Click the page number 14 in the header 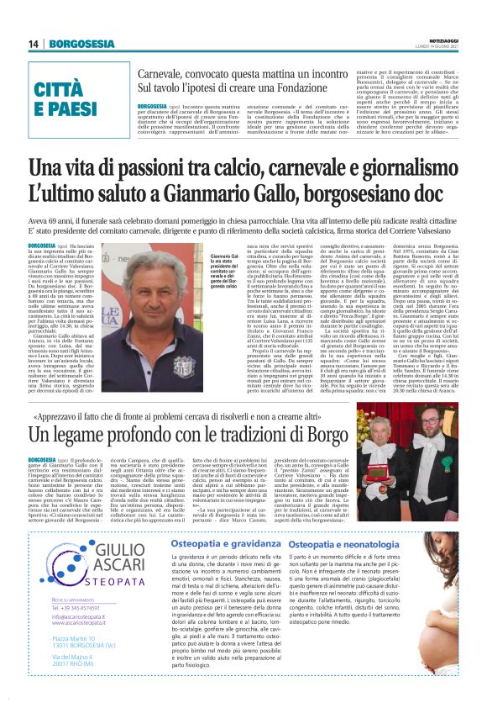34,45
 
